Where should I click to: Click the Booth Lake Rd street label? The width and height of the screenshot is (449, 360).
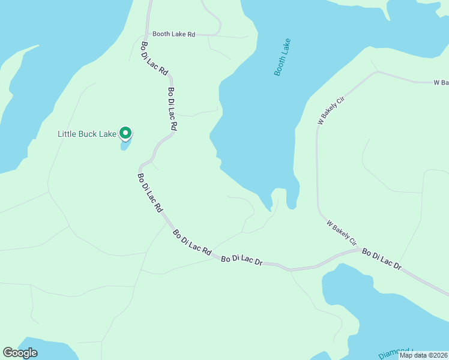173,34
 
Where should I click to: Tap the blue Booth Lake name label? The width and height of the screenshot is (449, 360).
282,57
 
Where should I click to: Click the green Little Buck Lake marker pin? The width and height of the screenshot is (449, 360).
125,133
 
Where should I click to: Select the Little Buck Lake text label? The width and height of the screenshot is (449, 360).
86,134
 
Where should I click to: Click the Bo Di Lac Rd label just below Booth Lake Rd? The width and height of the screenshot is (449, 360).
154,58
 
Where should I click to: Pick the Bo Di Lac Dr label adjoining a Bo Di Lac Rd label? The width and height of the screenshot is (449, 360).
243,260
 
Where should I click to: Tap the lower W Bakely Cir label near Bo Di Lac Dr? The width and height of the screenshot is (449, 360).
342,233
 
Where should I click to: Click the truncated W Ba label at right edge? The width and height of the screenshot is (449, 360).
441,82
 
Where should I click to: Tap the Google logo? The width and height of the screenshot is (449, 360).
20,353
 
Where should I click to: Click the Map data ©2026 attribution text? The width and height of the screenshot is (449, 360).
424,355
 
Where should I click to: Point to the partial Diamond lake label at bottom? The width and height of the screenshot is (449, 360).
396,353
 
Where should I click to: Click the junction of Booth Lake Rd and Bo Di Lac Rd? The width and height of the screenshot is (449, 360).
147,34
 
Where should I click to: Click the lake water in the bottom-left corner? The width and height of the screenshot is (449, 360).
36,351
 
